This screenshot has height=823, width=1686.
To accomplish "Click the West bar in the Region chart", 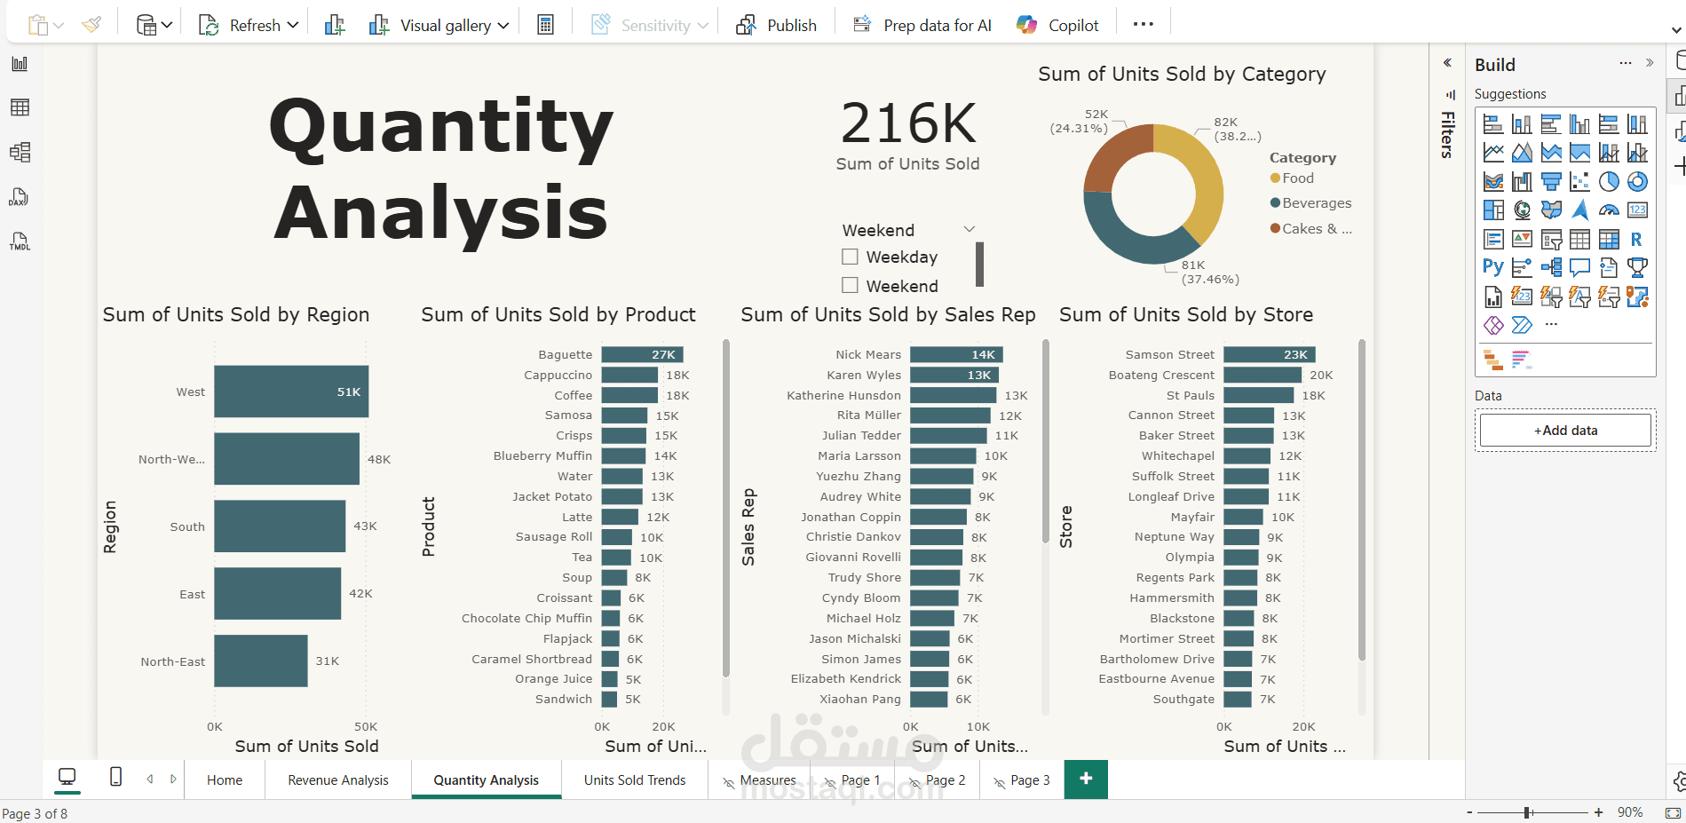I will (x=290, y=392).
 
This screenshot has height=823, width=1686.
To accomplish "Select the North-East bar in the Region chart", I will (x=260, y=661).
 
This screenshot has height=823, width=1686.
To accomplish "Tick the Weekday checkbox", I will (x=850, y=257).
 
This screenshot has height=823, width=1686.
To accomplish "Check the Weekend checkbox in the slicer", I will (x=850, y=286).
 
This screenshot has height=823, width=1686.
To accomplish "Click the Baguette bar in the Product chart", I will (x=641, y=354).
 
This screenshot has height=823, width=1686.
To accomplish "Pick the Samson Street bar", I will (x=1268, y=354).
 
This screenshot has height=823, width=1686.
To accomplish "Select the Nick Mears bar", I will (x=955, y=354).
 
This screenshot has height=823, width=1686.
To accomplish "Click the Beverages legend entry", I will (x=1316, y=203).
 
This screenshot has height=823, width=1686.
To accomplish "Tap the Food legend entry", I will (x=1297, y=178).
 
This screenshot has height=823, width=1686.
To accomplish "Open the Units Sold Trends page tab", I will (x=635, y=780).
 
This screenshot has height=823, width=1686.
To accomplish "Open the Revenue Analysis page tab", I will (x=338, y=780).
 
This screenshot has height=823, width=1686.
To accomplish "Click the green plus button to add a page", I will (x=1085, y=779).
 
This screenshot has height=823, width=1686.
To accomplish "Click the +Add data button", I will (x=1565, y=431).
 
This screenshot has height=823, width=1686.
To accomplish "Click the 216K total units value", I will (x=907, y=123).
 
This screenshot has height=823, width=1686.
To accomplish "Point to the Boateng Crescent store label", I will (x=1161, y=376).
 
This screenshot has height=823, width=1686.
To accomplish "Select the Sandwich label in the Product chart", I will (x=563, y=700).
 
